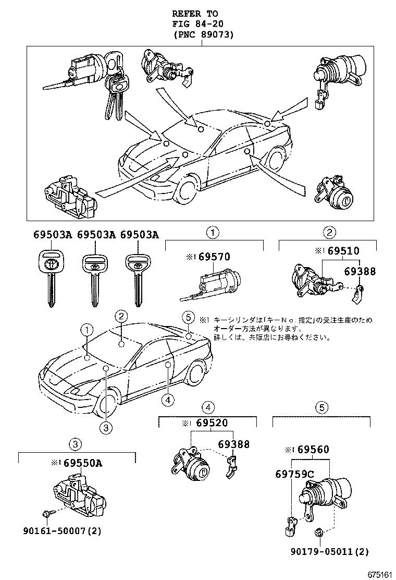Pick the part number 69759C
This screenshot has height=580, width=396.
pos(294,474)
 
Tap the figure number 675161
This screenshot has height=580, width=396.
pos(379,573)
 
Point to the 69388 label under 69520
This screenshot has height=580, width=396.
pos(234,444)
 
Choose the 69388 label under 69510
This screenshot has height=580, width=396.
pos(360,272)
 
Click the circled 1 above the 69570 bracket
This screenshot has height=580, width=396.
pos(213,232)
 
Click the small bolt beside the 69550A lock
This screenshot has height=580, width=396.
pos(46,513)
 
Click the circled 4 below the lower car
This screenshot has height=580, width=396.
pos(167,400)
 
